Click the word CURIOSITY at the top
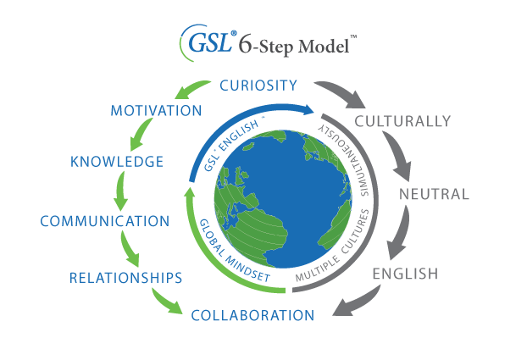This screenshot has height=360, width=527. pyautogui.click(x=258, y=85)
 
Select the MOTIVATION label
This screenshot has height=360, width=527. pyautogui.click(x=156, y=111)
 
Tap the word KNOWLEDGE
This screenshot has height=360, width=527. pyautogui.click(x=117, y=162)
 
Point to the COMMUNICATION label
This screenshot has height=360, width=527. pyautogui.click(x=105, y=221)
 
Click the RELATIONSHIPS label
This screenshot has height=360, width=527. pyautogui.click(x=125, y=277)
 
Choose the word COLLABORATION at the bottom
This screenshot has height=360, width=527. pyautogui.click(x=252, y=316)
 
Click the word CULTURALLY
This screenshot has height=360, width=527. pyautogui.click(x=402, y=121)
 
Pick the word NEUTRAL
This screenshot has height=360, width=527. pyautogui.click(x=434, y=194)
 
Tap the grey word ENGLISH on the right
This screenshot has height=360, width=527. pyautogui.click(x=405, y=274)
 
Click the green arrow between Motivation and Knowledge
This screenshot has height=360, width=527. pyautogui.click(x=136, y=136)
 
